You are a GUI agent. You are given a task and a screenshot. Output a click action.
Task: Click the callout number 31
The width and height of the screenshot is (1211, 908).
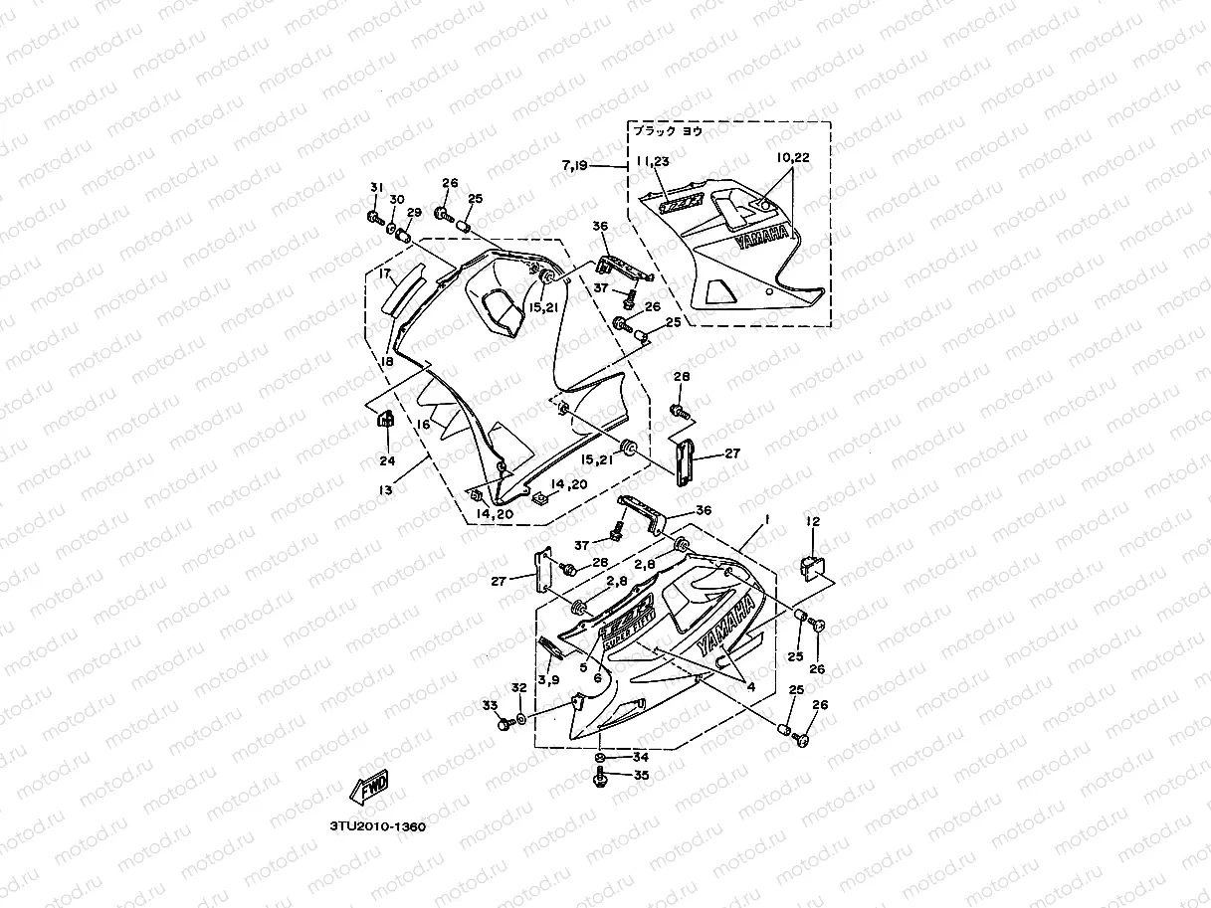pyautogui.click(x=376, y=189)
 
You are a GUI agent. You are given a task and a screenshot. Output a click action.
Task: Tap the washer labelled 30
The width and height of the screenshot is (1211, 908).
pyautogui.click(x=392, y=228)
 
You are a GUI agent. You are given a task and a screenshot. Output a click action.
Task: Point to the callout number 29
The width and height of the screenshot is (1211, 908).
pyautogui.click(x=414, y=213)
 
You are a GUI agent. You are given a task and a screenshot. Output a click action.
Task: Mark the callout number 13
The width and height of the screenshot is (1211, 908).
pyautogui.click(x=385, y=489)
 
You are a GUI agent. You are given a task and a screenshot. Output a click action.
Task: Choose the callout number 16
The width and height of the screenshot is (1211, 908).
pyautogui.click(x=422, y=424)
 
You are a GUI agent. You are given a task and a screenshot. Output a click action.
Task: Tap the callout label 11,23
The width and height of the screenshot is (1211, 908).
pyautogui.click(x=655, y=160)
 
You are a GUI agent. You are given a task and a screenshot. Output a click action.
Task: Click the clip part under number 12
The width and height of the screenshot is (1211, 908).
pyautogui.click(x=810, y=568)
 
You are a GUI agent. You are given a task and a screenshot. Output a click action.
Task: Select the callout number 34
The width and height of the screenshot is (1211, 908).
pyautogui.click(x=640, y=757)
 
